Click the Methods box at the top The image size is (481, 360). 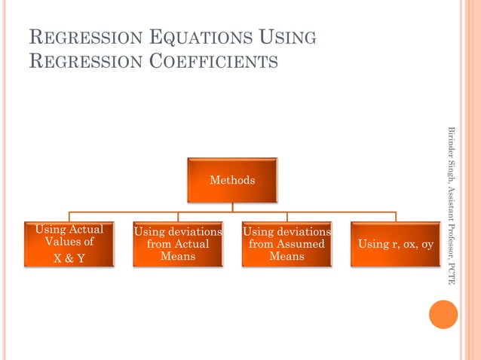pyautogui.click(x=232, y=180)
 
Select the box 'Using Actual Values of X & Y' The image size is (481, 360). pyautogui.click(x=69, y=244)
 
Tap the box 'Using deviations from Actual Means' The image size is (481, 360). pyautogui.click(x=178, y=244)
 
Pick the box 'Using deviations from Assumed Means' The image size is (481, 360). pyautogui.click(x=286, y=244)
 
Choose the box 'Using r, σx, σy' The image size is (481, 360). pyautogui.click(x=395, y=244)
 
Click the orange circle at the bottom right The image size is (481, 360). pyautogui.click(x=443, y=314)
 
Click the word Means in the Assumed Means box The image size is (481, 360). pyautogui.click(x=286, y=256)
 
